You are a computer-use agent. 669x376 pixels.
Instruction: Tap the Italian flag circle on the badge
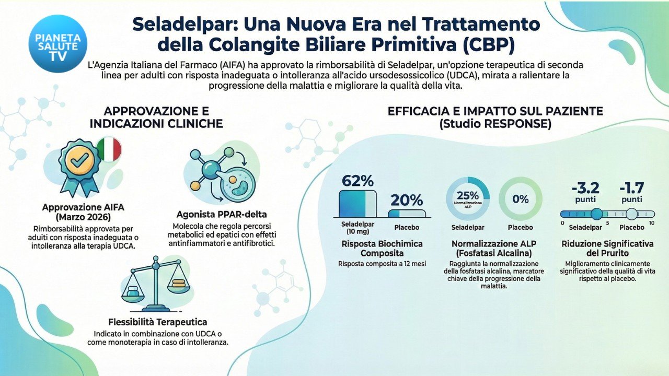pos(109,149)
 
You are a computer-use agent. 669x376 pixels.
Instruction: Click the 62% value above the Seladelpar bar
pos(357,181)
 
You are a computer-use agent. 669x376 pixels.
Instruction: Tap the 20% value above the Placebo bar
pos(407,199)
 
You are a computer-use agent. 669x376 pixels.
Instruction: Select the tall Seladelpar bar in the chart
pos(357,204)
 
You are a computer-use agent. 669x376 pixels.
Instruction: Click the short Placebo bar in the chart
pos(407,213)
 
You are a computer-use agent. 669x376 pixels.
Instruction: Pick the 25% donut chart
pos(468,199)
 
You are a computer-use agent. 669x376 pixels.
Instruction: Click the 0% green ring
pos(521,199)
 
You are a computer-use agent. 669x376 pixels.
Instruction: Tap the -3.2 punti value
pos(585,188)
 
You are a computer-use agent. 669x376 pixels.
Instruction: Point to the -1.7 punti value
pos(631,188)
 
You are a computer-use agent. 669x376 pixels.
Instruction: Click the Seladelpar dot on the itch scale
pos(596,214)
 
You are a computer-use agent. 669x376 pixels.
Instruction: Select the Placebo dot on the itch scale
pos(632,214)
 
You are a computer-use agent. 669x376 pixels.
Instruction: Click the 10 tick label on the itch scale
pos(651,223)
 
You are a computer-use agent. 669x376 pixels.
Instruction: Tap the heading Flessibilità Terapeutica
pos(157,322)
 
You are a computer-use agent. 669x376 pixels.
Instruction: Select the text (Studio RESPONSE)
pos(495,124)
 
